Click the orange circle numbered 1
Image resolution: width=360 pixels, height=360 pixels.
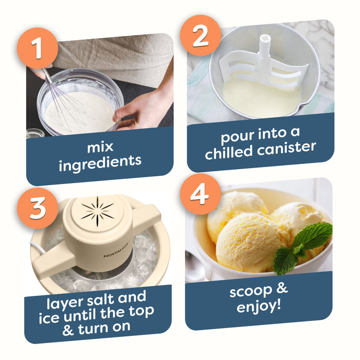[38, 48]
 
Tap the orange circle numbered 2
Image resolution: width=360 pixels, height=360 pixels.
[201, 35]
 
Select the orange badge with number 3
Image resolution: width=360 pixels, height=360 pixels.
[38, 208]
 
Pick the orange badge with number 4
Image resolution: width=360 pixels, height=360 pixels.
[201, 194]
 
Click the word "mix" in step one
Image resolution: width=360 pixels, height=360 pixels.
[100, 147]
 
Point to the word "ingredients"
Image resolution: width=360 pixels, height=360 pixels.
[100, 163]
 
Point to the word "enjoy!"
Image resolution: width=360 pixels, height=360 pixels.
[259, 307]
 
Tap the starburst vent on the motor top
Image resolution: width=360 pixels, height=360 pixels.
[98, 211]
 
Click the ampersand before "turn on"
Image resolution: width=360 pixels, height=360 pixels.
[68, 331]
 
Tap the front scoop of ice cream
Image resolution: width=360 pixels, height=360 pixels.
[250, 243]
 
